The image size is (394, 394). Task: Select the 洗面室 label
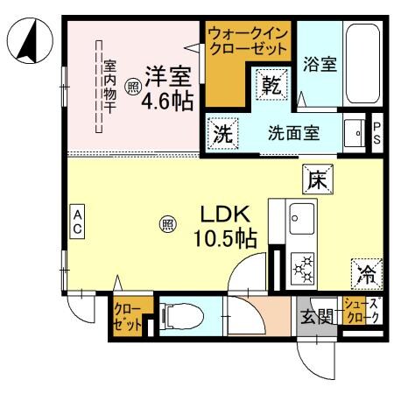(x=292, y=134)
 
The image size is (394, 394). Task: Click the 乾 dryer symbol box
(x=270, y=85)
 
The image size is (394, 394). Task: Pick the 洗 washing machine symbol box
(x=222, y=135)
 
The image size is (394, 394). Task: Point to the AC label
(x=77, y=221)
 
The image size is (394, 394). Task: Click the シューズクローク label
(x=362, y=311)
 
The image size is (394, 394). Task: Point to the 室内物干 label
(x=110, y=85)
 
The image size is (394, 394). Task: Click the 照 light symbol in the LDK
(x=166, y=225)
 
